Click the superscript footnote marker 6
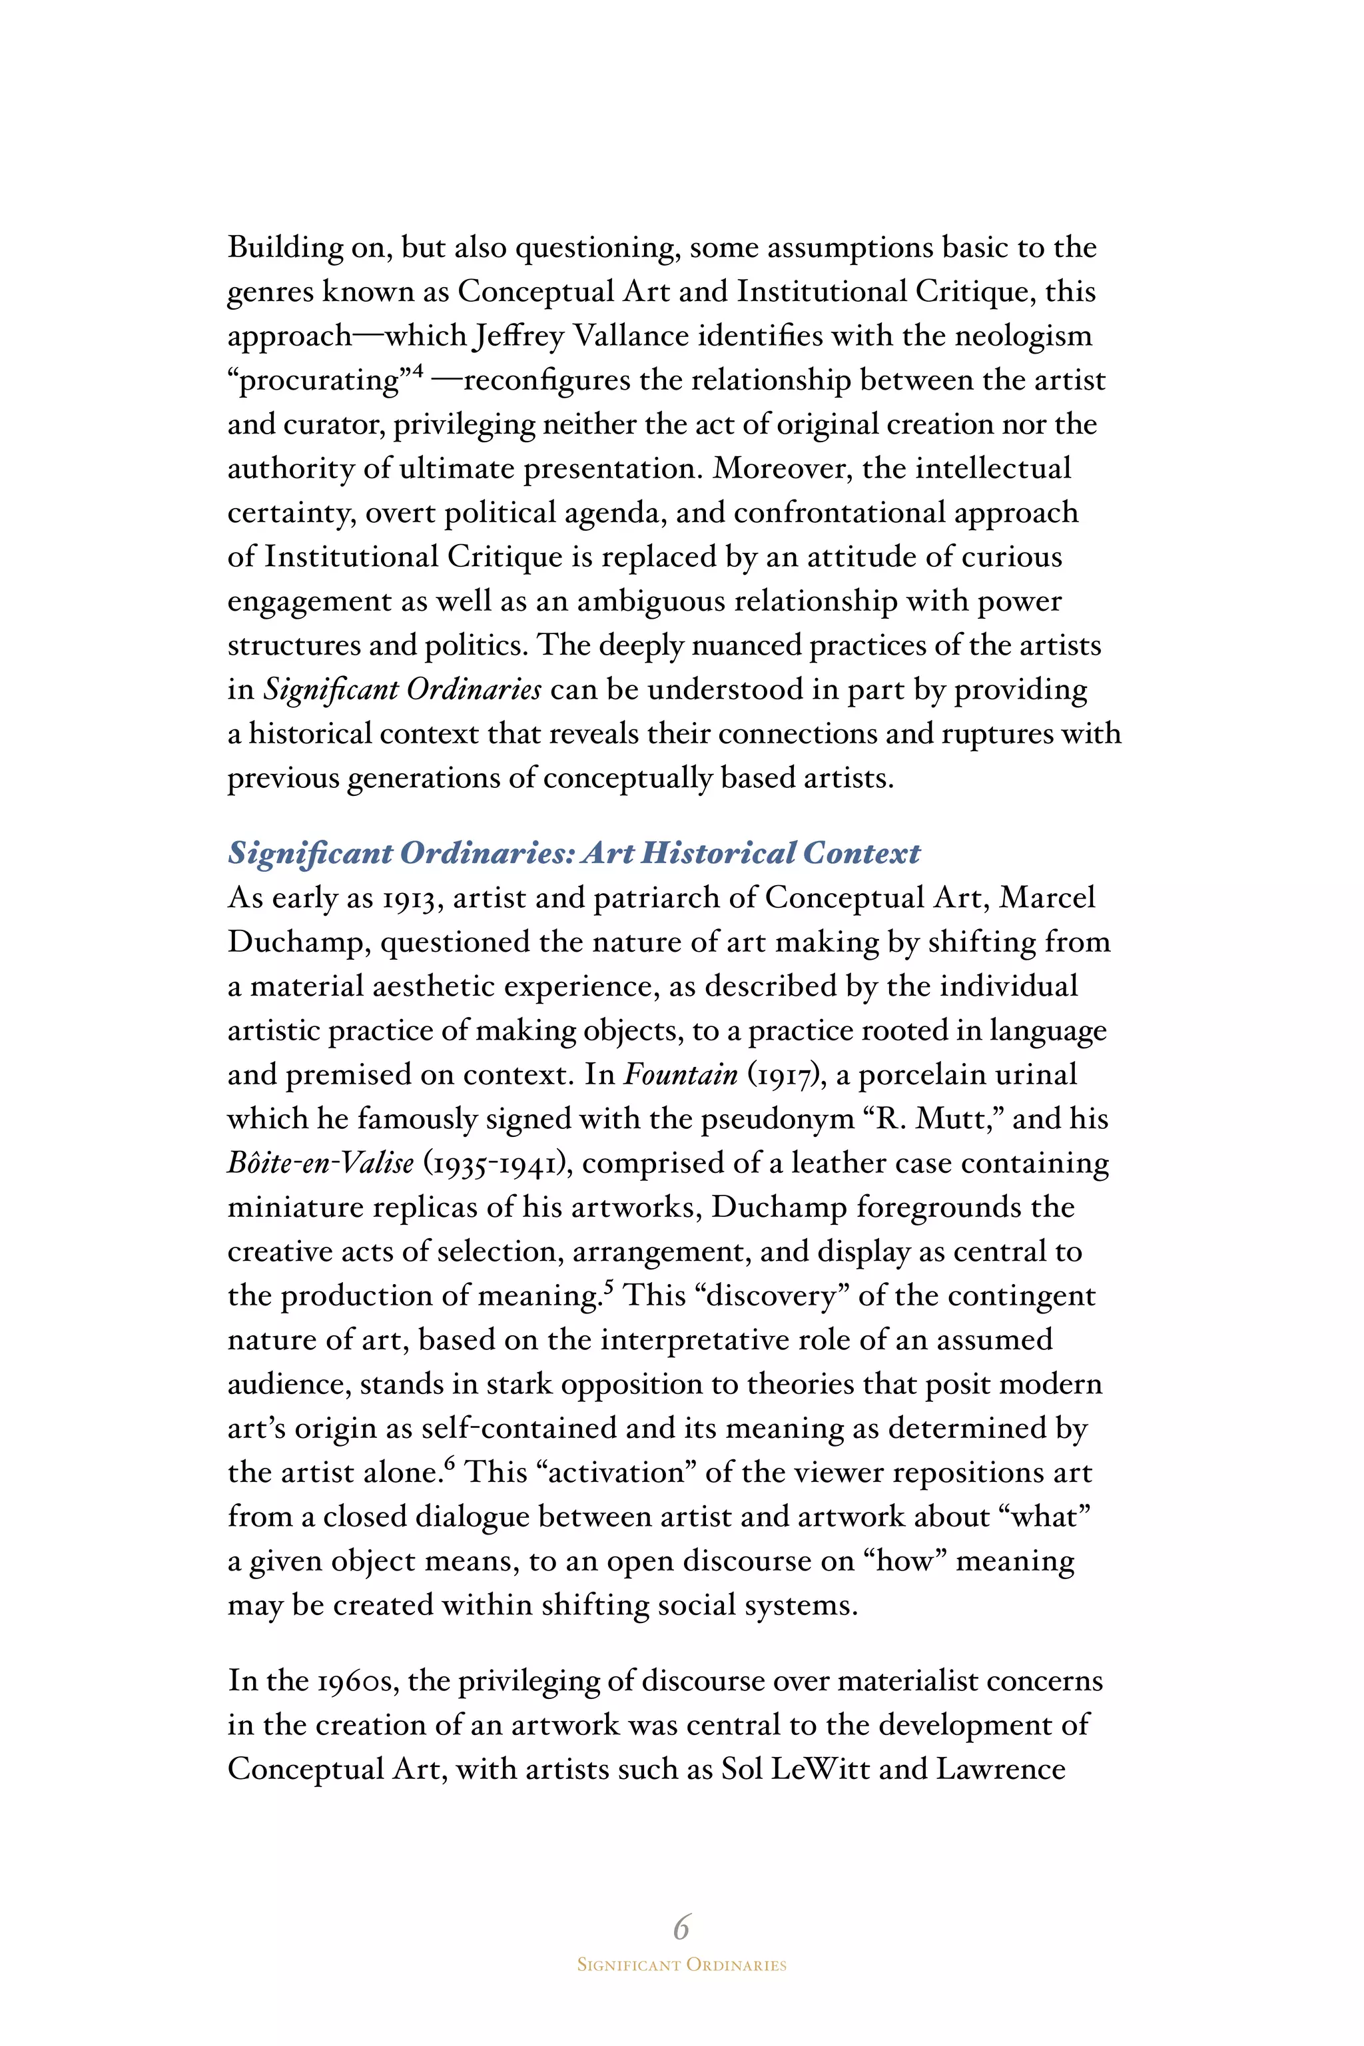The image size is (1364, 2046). point(449,1464)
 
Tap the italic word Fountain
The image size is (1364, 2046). point(680,1074)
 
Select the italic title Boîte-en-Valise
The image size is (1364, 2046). point(320,1163)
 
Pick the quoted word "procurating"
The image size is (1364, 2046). point(318,381)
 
